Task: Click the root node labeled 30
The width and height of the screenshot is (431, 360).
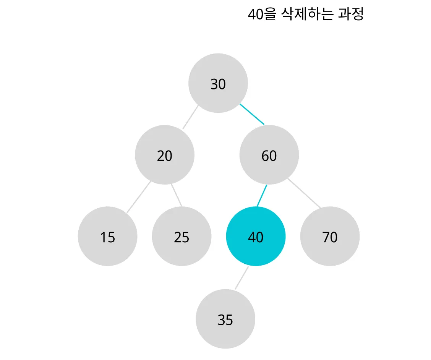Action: click(218, 83)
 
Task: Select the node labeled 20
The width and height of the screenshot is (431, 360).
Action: click(165, 155)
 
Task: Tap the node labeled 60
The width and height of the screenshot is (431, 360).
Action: click(269, 155)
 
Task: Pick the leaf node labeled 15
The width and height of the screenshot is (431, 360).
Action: click(107, 237)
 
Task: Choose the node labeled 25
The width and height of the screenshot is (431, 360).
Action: click(181, 237)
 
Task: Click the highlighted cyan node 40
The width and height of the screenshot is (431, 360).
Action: click(256, 237)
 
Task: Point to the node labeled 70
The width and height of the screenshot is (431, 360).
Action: click(330, 237)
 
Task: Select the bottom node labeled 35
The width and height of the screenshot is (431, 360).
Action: click(225, 319)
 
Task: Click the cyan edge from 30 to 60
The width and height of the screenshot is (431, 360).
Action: click(252, 114)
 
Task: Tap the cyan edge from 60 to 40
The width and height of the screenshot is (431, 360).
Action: click(262, 196)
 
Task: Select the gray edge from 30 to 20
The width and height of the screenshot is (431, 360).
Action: click(190, 117)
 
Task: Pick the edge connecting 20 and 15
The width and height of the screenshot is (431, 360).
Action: click(139, 197)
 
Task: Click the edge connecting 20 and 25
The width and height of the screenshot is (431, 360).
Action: click(177, 195)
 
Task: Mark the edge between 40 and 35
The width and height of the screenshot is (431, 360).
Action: click(241, 278)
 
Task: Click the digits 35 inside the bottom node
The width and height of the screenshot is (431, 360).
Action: click(225, 320)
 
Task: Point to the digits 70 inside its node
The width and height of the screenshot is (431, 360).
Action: click(330, 237)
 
